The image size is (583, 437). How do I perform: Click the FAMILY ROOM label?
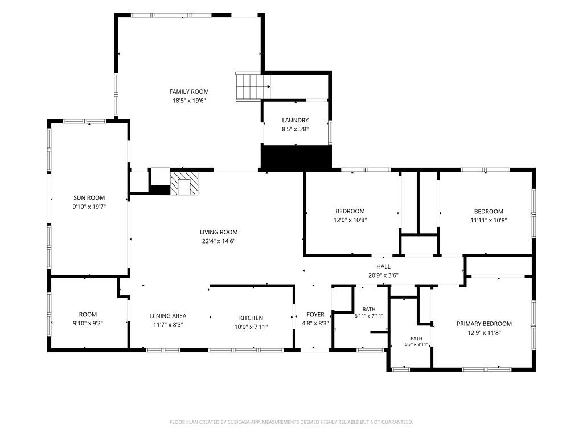tap(189, 92)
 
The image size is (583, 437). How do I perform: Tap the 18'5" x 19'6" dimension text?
tap(189, 101)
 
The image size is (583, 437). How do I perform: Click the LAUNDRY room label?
tap(295, 121)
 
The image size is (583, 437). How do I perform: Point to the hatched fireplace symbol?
tap(184, 182)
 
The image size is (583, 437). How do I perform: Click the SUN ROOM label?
tap(89, 198)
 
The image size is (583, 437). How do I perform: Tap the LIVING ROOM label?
tap(219, 232)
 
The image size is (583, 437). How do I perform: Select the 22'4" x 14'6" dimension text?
tap(219, 241)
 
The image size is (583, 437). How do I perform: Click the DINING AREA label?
tap(168, 316)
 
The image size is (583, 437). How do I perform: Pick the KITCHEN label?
tap(251, 318)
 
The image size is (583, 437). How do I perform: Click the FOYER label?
tap(315, 315)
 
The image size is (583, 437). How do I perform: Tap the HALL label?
tap(383, 266)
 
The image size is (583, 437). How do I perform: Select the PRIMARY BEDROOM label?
tap(484, 324)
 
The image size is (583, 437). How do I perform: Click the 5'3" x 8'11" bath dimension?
tap(416, 344)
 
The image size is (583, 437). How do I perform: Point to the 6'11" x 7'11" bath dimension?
tap(369, 316)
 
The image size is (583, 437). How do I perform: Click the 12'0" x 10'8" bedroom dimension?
tap(350, 220)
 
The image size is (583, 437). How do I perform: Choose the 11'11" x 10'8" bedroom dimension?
tap(488, 220)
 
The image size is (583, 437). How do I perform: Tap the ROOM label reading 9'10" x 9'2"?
tap(88, 315)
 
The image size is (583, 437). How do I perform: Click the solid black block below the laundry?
tap(296, 158)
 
